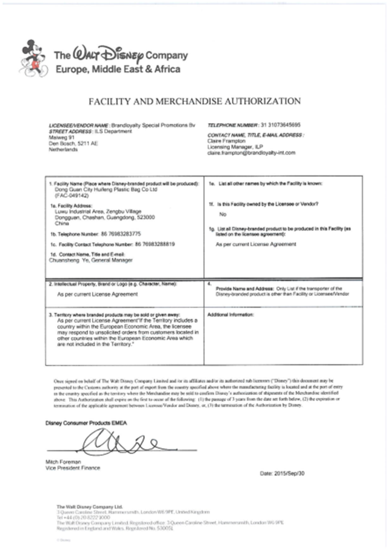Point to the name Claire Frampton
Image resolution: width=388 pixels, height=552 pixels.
coord(224,141)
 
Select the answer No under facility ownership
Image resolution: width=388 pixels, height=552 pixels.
coord(223,213)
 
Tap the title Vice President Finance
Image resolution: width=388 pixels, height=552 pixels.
coord(73,468)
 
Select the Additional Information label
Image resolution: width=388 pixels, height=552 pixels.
coord(230,315)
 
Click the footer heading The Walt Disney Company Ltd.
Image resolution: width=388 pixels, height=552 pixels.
coord(89,507)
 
